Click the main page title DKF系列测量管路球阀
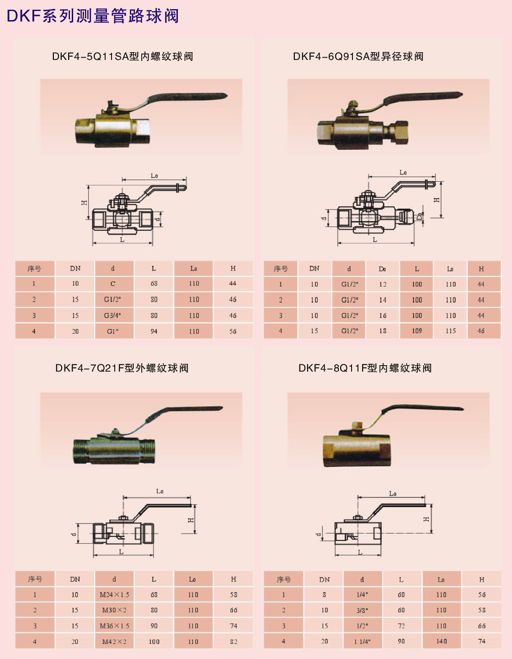[x=93, y=16]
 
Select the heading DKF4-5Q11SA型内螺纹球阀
[x=123, y=57]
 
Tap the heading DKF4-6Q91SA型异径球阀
[x=358, y=57]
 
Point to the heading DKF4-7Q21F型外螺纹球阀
[x=122, y=368]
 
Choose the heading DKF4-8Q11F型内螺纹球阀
[x=365, y=368]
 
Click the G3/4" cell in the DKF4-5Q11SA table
[x=112, y=315]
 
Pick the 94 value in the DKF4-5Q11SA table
[x=154, y=331]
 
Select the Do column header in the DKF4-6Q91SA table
[x=382, y=269]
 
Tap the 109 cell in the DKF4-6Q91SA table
[x=417, y=331]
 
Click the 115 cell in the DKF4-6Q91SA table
[x=450, y=331]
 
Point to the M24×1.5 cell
[x=115, y=595]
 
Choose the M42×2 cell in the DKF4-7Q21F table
[x=114, y=642]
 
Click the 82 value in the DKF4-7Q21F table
[x=234, y=642]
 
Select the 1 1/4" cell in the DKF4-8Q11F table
[x=363, y=642]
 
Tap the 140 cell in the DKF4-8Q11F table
[x=442, y=641]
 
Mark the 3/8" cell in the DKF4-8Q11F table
[x=363, y=610]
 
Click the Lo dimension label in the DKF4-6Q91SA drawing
[x=403, y=173]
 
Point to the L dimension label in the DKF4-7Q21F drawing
[x=121, y=552]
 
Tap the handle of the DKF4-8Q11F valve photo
[x=421, y=410]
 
